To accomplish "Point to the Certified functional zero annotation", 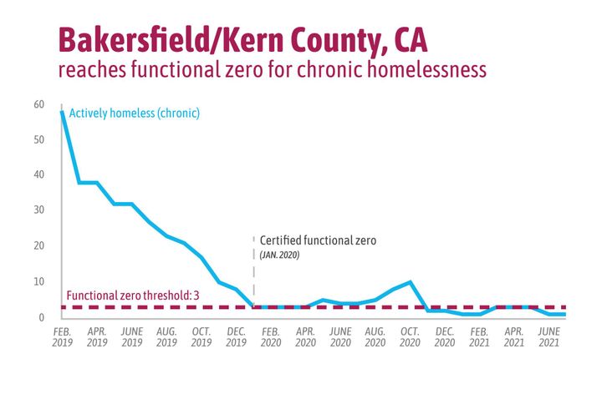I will pos(319,240).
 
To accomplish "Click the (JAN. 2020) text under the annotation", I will pos(279,254).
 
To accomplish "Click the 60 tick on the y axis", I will pos(38,104).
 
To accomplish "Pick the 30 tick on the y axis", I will pos(38,210).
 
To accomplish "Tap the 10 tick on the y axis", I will pos(38,281).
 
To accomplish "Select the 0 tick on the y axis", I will pos(41,317).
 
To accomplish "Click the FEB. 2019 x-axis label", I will pos(62,336).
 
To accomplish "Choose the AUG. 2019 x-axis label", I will pos(166,336).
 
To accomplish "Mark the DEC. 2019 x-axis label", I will pos(236,336).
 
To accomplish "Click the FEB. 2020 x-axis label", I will pos(271,336).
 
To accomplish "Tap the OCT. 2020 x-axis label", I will pos(410,336).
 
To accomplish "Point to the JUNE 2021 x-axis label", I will pos(548,336).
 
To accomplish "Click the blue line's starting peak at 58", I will pos(62,111).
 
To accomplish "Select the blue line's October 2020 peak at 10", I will pos(410,282).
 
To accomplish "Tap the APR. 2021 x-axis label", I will pos(514,336).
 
